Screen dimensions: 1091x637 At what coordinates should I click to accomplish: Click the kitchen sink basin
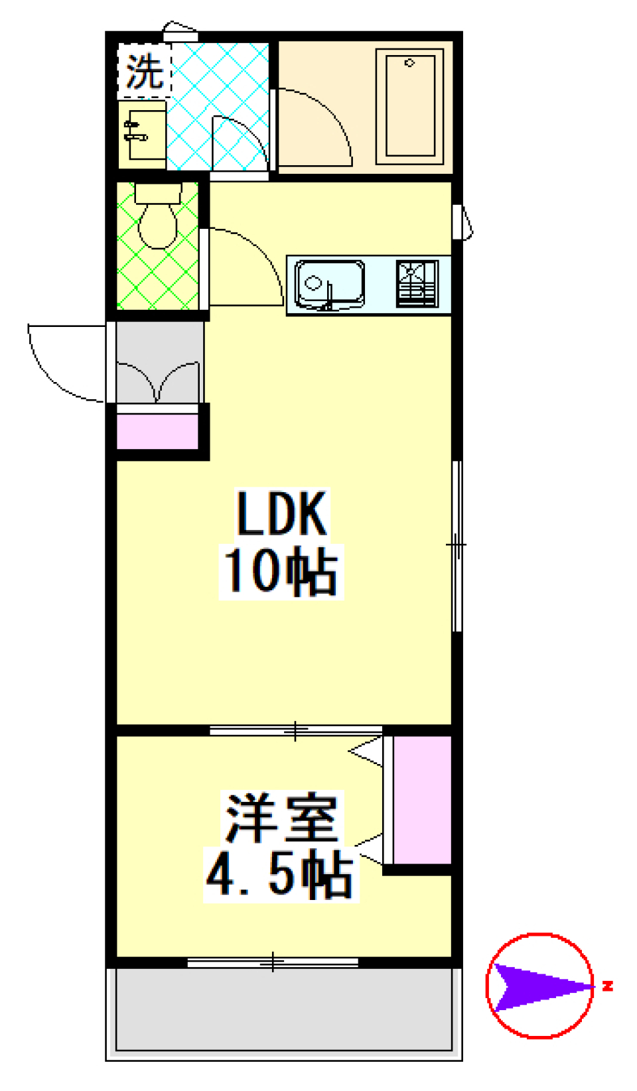tap(329, 284)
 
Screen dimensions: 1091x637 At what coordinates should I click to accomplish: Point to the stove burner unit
tap(417, 283)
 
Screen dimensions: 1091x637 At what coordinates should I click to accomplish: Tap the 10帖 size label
tap(281, 571)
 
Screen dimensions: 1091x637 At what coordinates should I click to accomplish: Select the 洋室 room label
tap(281, 818)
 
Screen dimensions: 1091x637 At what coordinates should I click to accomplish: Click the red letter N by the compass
tap(607, 986)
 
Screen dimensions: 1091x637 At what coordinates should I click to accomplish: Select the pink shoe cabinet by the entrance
tap(157, 432)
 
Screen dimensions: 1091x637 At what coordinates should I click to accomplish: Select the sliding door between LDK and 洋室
tap(296, 731)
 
